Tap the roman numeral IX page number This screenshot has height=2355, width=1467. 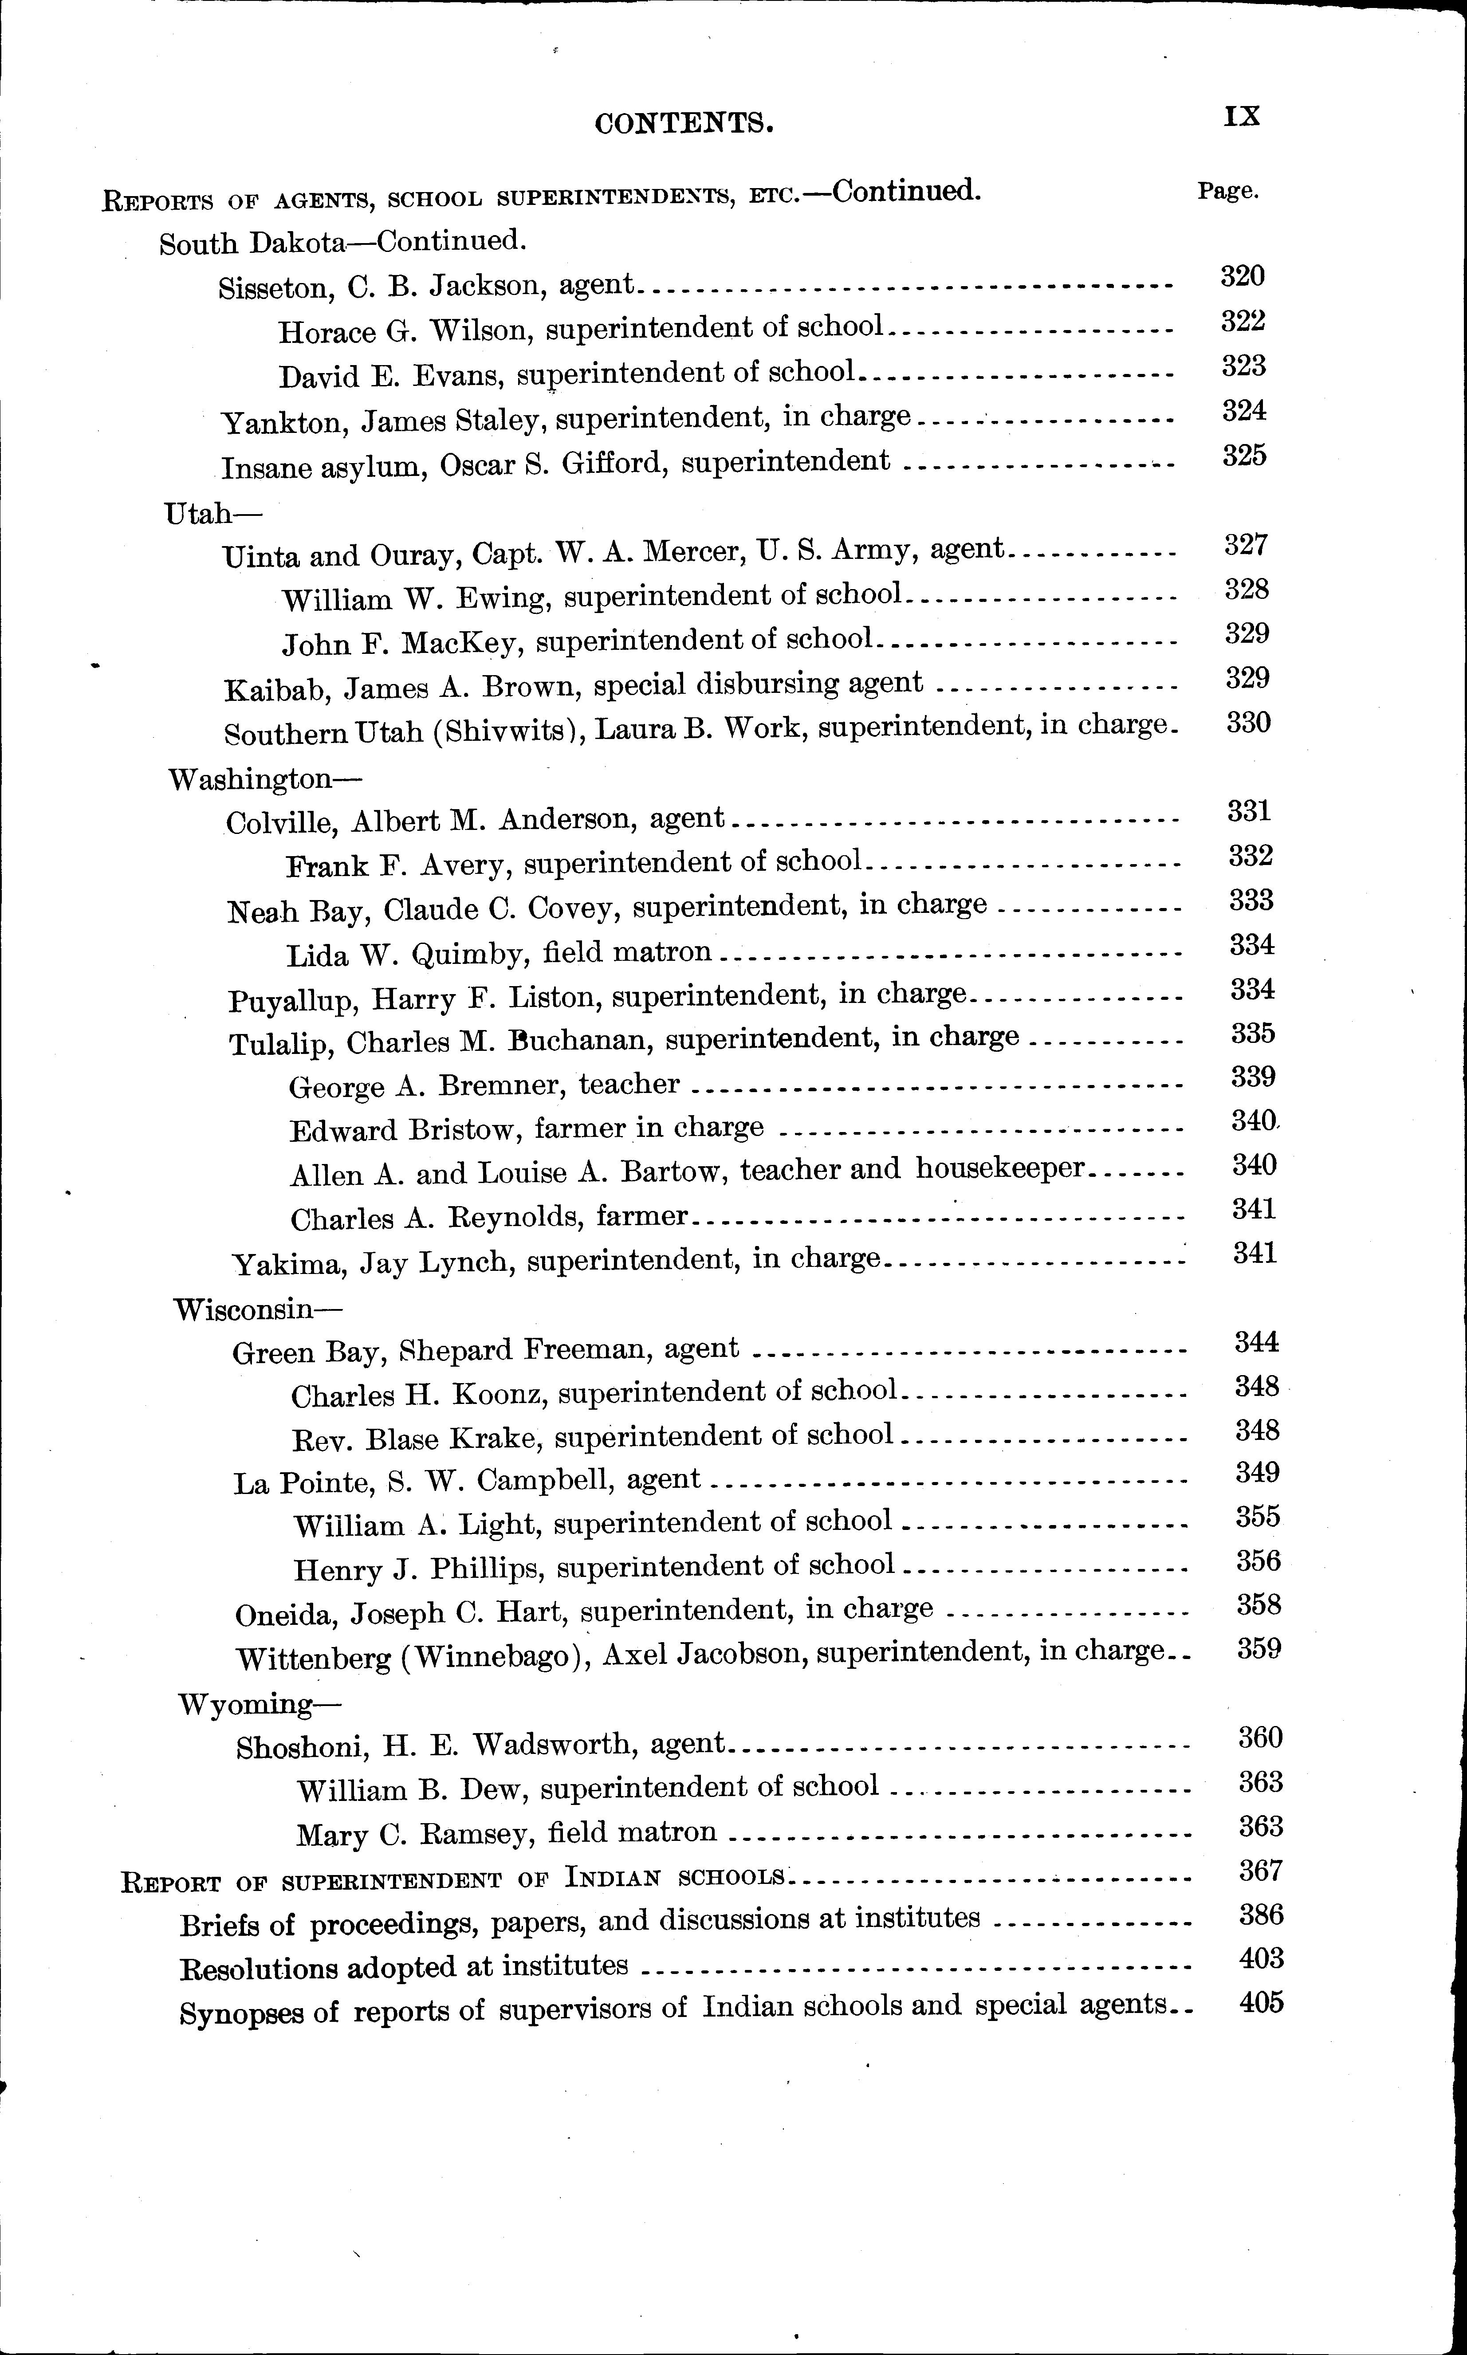tap(1242, 118)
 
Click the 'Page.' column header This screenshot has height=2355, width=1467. tap(1227, 191)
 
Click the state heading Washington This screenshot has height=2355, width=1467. tap(250, 779)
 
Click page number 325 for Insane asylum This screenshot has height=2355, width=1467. tap(1245, 456)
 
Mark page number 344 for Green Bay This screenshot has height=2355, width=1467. tap(1256, 1342)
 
